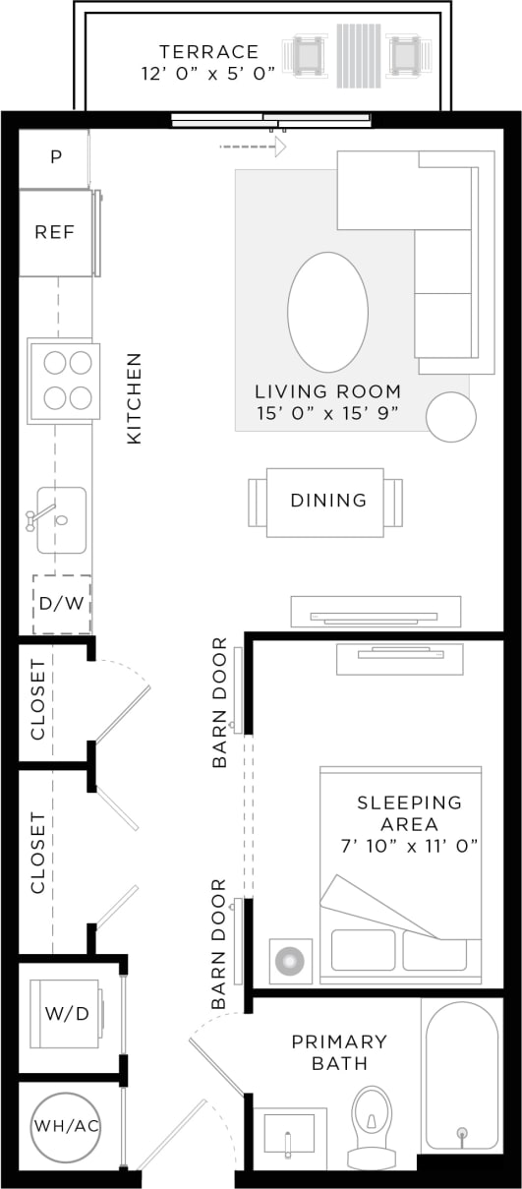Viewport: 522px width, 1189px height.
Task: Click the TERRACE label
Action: coord(210,52)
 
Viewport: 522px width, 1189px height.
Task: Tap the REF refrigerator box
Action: coord(55,233)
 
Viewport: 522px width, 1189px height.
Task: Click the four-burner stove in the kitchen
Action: coord(64,381)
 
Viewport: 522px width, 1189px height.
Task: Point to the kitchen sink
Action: coord(61,519)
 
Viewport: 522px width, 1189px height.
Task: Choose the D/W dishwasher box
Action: coord(62,603)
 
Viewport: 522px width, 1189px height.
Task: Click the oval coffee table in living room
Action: coord(327,312)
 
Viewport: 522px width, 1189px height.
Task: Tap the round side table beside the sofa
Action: coord(451,417)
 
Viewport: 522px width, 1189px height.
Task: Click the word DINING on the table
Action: coord(328,501)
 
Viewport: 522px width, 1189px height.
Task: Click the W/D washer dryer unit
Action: coord(67,1014)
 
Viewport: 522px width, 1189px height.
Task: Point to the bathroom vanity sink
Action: coord(289,1136)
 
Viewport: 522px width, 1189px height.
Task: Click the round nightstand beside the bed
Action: coord(290,961)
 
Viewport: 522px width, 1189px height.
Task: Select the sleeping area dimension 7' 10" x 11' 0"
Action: coord(410,847)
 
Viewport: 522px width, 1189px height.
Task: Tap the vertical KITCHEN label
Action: coord(135,398)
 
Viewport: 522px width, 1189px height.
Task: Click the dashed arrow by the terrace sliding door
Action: coord(253,148)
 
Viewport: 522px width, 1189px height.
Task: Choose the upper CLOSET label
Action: coord(38,699)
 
